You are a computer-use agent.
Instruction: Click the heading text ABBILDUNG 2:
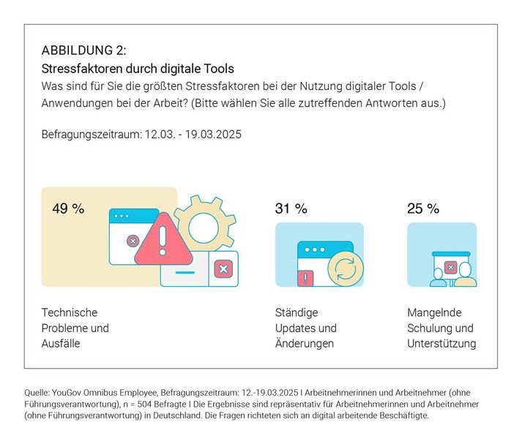[x=83, y=50]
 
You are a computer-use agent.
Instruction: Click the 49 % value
[x=68, y=209]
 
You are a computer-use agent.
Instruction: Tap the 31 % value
[x=291, y=209]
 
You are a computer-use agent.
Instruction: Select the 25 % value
[x=423, y=209]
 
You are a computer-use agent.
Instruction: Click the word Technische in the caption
[x=69, y=312]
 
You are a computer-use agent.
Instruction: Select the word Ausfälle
[x=61, y=343]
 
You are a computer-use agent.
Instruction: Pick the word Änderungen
[x=305, y=343]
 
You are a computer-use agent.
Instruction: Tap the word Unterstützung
[x=441, y=343]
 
